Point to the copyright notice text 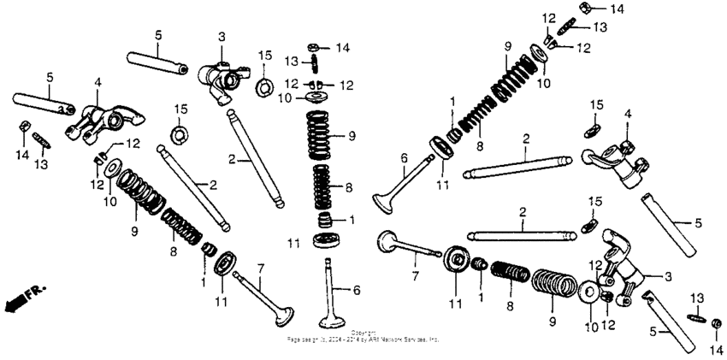363,336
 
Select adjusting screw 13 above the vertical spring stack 316,63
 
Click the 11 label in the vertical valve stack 293,245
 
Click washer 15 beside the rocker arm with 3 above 263,86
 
